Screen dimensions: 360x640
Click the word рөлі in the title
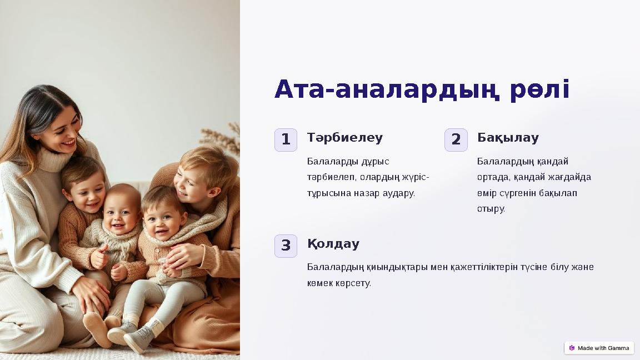(x=539, y=90)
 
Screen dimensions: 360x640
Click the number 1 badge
(x=286, y=140)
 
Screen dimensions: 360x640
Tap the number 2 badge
(x=456, y=140)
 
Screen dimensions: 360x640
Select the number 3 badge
(x=286, y=246)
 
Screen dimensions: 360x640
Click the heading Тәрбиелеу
(x=345, y=138)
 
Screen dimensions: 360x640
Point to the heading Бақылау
(x=508, y=138)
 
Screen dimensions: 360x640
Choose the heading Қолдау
(x=333, y=244)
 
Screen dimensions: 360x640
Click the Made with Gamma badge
(x=599, y=348)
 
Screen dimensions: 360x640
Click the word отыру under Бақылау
(x=491, y=209)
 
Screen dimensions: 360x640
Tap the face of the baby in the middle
(x=121, y=213)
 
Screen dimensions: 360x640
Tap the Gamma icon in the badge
(x=572, y=348)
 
